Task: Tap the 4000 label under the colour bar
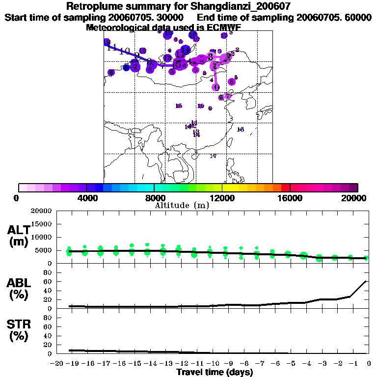[x=86, y=198]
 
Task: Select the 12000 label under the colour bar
[x=222, y=198]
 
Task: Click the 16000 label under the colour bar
[x=290, y=198]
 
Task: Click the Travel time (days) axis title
[x=215, y=372]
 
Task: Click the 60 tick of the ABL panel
[x=49, y=281]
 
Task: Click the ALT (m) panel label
[x=19, y=236]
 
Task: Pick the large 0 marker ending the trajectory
[x=216, y=87]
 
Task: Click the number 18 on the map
[x=240, y=130]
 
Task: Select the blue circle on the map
[x=126, y=67]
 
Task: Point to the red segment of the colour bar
[x=285, y=188]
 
